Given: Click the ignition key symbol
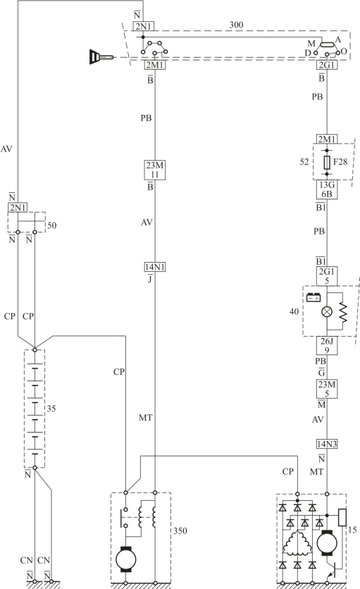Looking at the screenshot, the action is coord(101,57).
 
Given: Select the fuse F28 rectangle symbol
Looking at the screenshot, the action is coord(327,162).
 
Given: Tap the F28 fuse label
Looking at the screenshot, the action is coord(340,162).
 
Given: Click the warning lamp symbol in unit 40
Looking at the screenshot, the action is coord(327,312).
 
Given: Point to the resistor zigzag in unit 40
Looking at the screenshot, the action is coord(342,312).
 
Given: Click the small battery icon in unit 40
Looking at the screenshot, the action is coord(314,298).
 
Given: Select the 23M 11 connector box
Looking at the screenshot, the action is coord(155,170).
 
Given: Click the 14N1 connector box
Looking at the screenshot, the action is coord(155,267).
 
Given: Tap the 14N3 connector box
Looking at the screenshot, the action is coord(327,445).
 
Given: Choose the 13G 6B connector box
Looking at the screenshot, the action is coord(327,190).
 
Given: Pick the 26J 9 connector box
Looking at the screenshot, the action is coord(327,346).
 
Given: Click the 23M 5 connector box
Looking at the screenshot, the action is coord(327,389).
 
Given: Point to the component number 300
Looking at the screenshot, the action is coord(236,25).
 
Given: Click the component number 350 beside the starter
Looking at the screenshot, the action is coord(180,531).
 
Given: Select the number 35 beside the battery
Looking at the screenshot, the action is coord(51,409).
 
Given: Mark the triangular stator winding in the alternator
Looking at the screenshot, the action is coord(297,542).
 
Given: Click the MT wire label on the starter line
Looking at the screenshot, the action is coord(145,418).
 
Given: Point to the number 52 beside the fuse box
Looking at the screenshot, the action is coord(304,162).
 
